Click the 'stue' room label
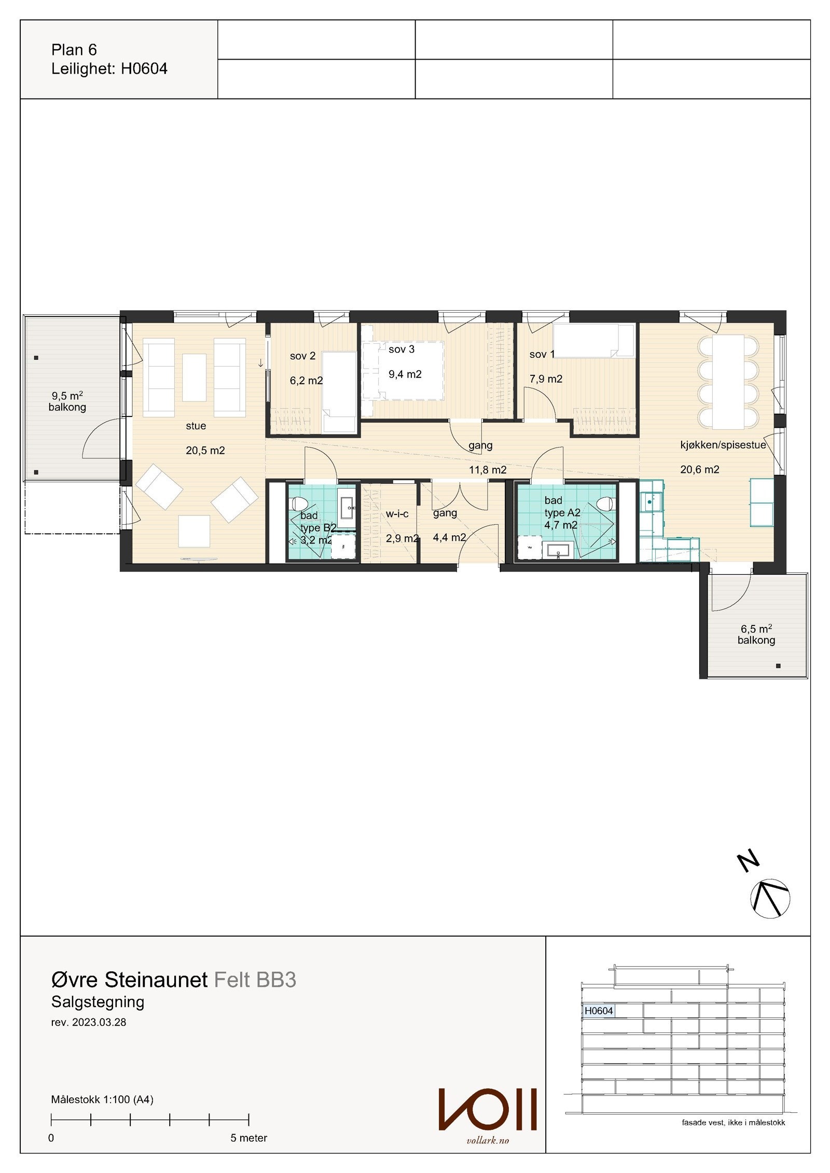[x=196, y=426]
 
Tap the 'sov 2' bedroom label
[x=302, y=356]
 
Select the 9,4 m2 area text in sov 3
[x=405, y=374]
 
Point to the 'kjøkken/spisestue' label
[x=723, y=445]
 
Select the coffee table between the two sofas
[x=194, y=378]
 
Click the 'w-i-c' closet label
[x=397, y=514]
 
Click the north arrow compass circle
[x=770, y=898]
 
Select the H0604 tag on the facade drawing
[x=599, y=1011]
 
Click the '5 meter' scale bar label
[x=248, y=1138]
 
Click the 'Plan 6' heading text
[x=74, y=50]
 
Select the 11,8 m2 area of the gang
[x=488, y=470]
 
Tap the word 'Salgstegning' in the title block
[x=98, y=1002]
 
